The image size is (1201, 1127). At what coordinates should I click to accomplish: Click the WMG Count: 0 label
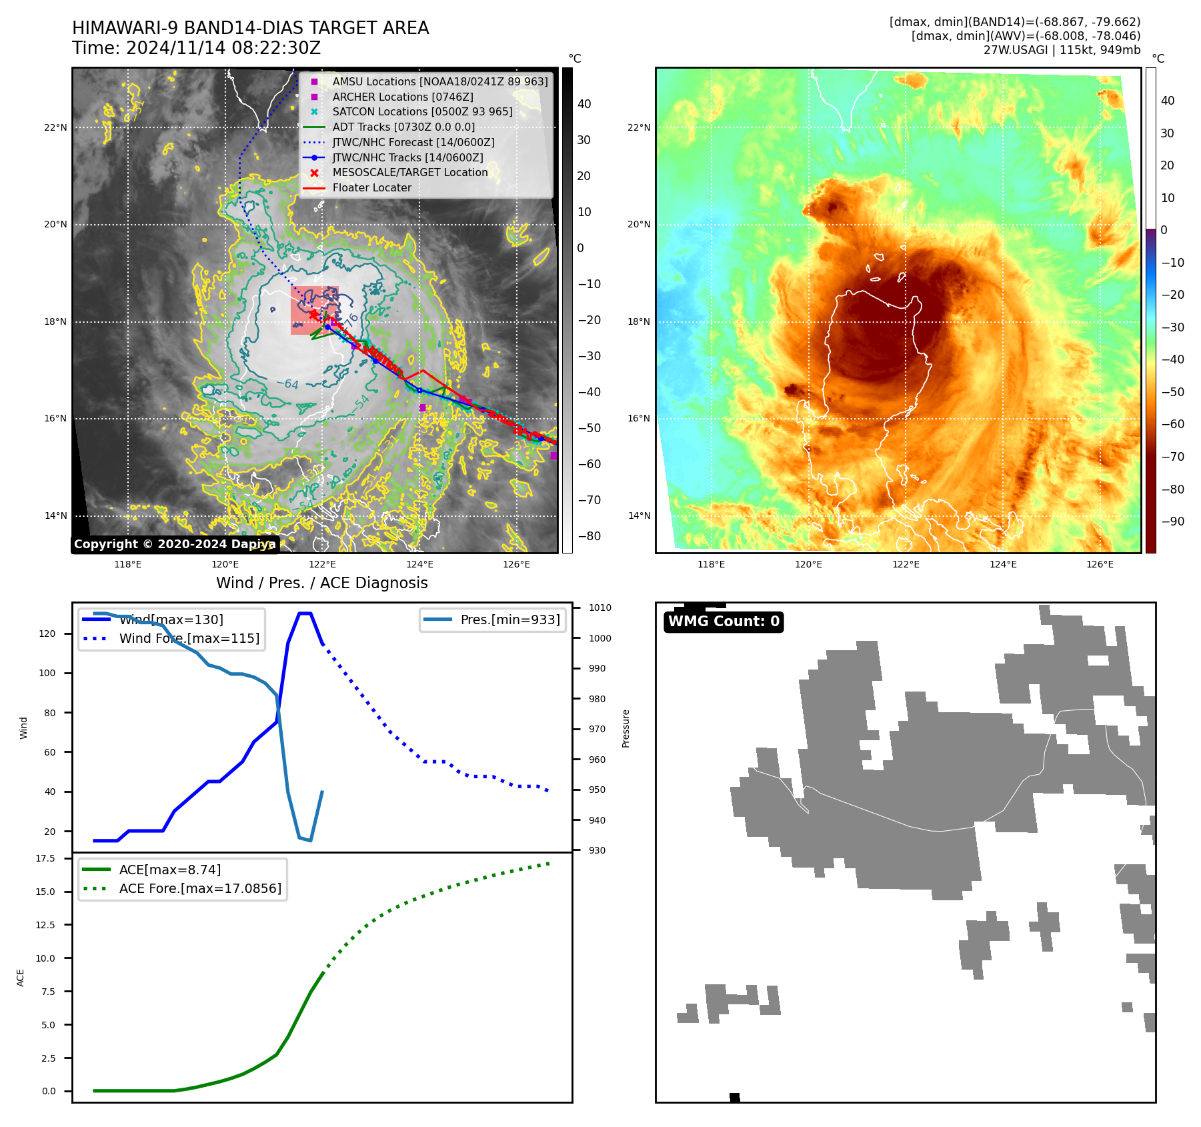pos(724,622)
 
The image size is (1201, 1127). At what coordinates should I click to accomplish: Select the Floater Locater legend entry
pos(371,188)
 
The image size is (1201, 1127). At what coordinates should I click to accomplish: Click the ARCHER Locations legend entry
pos(403,97)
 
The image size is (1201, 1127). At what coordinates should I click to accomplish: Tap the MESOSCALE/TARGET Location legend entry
pos(409,173)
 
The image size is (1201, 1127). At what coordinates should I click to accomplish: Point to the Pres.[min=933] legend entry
pos(509,620)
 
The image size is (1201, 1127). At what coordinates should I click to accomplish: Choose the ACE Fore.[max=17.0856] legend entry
pos(199,889)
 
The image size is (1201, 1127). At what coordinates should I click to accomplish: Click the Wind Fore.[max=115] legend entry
pos(189,639)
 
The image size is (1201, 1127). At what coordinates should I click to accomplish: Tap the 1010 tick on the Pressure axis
pos(599,608)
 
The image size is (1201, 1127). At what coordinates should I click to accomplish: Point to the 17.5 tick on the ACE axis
pos(45,859)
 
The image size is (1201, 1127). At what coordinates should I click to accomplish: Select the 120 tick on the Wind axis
pos(47,634)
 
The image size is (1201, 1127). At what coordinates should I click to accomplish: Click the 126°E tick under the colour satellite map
pos(1100,565)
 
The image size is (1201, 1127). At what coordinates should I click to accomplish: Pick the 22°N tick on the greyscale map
pos(56,128)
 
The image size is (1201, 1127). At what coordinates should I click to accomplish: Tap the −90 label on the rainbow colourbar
pos(1172,522)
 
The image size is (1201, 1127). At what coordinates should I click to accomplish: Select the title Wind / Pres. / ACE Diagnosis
pos(321,584)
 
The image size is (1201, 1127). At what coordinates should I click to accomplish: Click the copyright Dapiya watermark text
pos(175,544)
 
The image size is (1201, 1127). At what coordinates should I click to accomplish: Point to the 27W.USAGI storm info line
pos(1062,50)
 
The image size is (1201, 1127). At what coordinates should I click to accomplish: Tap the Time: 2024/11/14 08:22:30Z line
pos(196,49)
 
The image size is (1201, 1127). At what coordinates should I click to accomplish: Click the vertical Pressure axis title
pos(626,728)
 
